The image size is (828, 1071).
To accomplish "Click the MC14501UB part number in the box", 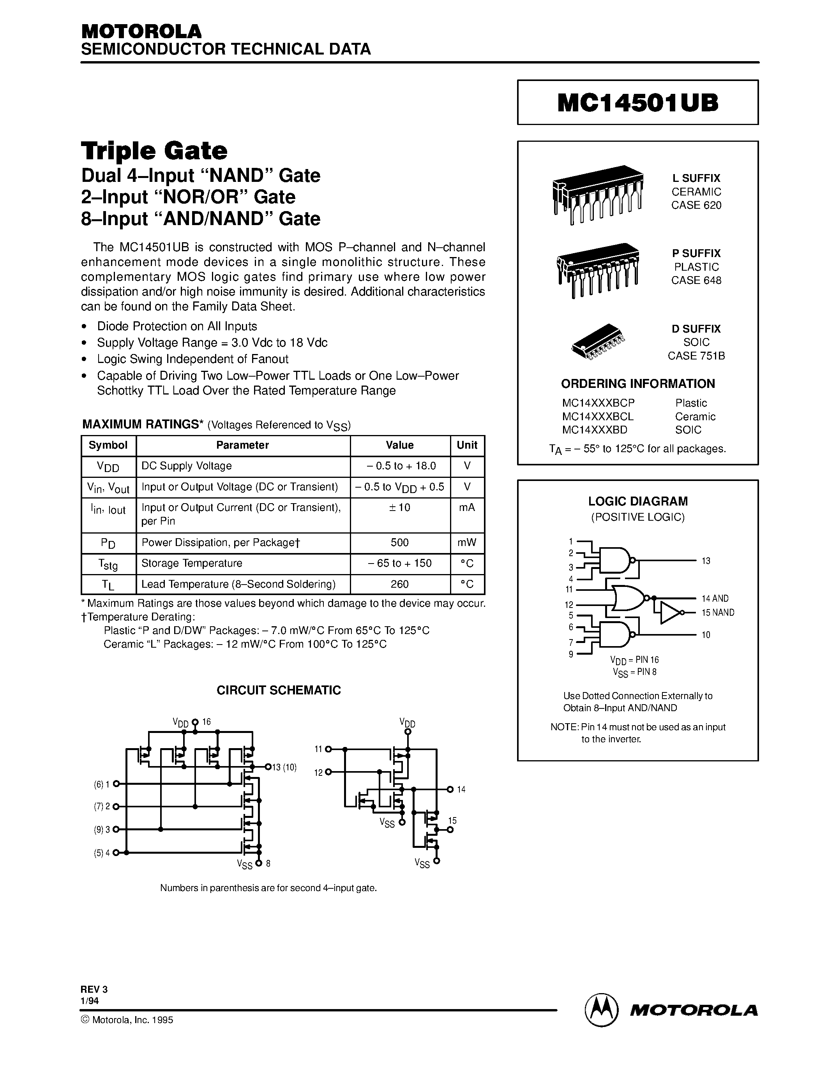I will pyautogui.click(x=638, y=103).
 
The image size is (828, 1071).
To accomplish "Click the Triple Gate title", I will pyautogui.click(x=154, y=151).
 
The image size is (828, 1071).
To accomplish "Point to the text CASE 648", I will pyautogui.click(x=696, y=280).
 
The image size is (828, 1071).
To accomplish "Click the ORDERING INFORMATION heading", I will pyautogui.click(x=638, y=384).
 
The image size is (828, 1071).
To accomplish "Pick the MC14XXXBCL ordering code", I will pyautogui.click(x=598, y=416).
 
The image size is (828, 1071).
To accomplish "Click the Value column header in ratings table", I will pyautogui.click(x=399, y=445).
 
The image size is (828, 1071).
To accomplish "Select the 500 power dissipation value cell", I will pyautogui.click(x=399, y=543).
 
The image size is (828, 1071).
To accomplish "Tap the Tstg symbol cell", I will pyautogui.click(x=108, y=564).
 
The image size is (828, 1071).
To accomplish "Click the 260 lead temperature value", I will pyautogui.click(x=399, y=584).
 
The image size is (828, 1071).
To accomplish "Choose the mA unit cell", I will pyautogui.click(x=466, y=507).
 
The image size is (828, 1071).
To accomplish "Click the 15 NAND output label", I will pyautogui.click(x=718, y=613).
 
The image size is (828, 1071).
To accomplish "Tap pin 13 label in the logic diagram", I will pyautogui.click(x=706, y=560).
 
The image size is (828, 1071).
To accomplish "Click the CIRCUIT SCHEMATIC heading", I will pyautogui.click(x=279, y=690).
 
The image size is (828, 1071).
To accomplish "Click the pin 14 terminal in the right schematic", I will pyautogui.click(x=450, y=789).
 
